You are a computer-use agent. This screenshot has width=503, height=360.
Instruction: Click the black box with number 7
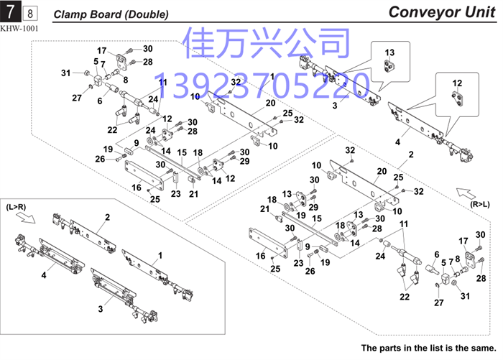click(11, 12)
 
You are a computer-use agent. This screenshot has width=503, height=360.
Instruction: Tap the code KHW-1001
click(19, 28)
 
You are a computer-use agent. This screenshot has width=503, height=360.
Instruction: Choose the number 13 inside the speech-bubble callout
click(389, 52)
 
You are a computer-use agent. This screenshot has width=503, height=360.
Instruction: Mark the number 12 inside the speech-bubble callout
click(456, 83)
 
